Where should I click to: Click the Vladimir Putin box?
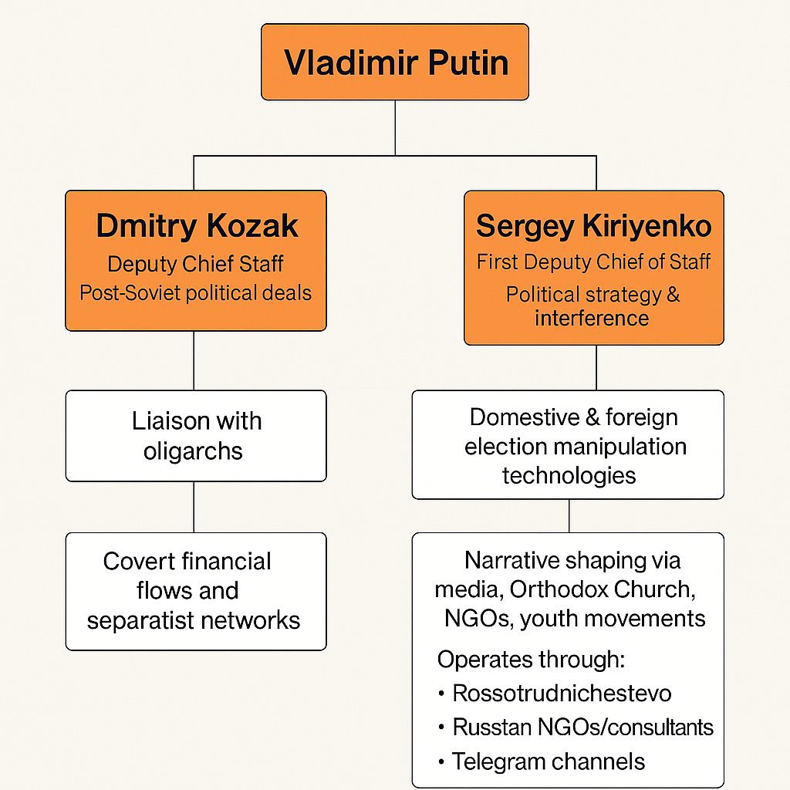[395, 62]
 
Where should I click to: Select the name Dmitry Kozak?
[197, 226]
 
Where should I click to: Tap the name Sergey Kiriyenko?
[593, 226]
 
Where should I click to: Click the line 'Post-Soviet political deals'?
[195, 292]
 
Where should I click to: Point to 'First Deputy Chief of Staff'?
[593, 262]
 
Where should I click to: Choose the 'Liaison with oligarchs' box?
[196, 436]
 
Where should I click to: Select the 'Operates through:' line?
[531, 660]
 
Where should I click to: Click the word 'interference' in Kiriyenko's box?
[592, 319]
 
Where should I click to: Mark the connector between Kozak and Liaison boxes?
[194, 360]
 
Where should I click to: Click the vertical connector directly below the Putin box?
[395, 128]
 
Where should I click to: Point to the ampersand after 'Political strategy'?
[673, 294]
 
